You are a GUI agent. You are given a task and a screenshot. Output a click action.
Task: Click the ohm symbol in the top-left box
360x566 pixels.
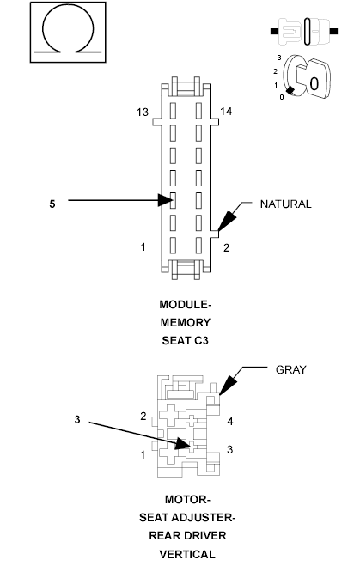coord(68,31)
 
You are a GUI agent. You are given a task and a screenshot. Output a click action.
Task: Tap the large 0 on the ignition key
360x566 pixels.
coord(314,84)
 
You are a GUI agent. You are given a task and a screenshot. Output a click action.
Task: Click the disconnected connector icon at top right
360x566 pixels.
coord(303,32)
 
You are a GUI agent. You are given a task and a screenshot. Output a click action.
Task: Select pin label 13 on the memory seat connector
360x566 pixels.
coord(143,113)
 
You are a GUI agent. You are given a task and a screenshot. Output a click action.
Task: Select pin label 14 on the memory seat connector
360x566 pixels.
coord(227,113)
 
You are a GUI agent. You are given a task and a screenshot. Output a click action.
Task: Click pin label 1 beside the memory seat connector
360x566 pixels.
coord(143,247)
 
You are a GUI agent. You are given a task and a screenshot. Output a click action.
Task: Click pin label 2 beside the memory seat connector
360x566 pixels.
coord(227,247)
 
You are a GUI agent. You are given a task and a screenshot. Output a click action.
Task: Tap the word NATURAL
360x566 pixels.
coord(285,204)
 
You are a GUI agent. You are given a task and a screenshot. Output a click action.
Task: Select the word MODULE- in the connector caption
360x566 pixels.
coord(185,305)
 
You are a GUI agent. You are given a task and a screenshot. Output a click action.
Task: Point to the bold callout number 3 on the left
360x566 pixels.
coord(77,420)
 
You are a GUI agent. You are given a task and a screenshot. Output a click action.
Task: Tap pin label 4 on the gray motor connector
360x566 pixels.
coord(230,422)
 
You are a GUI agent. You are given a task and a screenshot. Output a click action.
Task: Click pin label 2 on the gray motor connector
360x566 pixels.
coord(143,416)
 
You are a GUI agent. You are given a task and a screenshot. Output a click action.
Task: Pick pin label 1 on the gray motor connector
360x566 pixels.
coord(143,454)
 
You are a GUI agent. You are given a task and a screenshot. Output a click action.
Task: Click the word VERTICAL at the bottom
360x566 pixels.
coord(186,554)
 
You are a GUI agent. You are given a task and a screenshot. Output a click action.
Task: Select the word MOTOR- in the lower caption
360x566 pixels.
coord(186,499)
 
